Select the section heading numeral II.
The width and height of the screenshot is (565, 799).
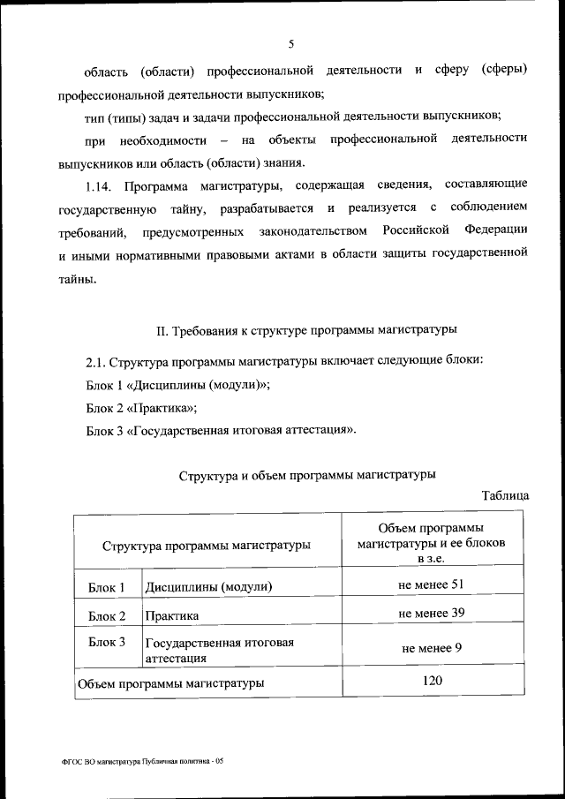(162, 331)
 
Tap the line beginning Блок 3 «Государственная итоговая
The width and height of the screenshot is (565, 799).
(222, 430)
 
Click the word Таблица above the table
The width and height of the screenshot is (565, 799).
(506, 496)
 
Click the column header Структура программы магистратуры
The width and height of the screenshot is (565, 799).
(207, 546)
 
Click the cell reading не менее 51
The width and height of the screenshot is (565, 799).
(432, 584)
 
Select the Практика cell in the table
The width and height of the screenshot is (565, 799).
(172, 615)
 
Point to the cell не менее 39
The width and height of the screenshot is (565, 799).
(432, 613)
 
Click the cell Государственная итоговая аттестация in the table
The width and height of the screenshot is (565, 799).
(219, 650)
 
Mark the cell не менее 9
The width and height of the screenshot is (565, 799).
(432, 649)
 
